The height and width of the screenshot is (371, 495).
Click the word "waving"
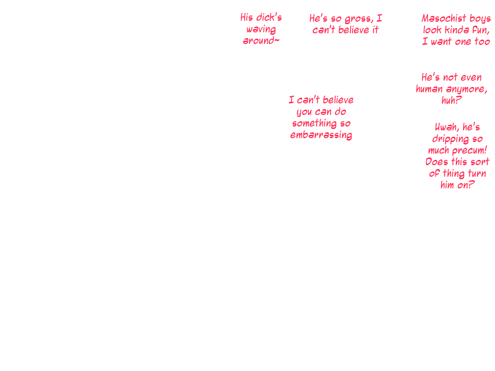261,29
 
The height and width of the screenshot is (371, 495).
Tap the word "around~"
261,41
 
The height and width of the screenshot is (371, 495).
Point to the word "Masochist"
443,19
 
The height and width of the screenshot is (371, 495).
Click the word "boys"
480,19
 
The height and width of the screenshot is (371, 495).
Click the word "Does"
437,162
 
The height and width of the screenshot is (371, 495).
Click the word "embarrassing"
321,135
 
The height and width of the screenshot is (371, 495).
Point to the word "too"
481,42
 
